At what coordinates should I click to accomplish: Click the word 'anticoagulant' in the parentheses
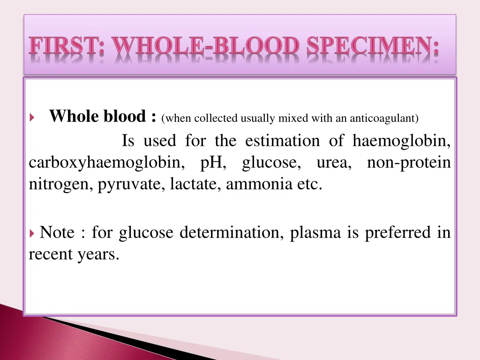tap(384, 118)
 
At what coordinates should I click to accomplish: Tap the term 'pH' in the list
tap(213, 163)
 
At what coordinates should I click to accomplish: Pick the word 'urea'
tap(332, 163)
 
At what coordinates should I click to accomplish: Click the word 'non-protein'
tap(409, 163)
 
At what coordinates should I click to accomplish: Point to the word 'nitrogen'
tap(61, 185)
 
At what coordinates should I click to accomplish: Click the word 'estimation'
tap(282, 141)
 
